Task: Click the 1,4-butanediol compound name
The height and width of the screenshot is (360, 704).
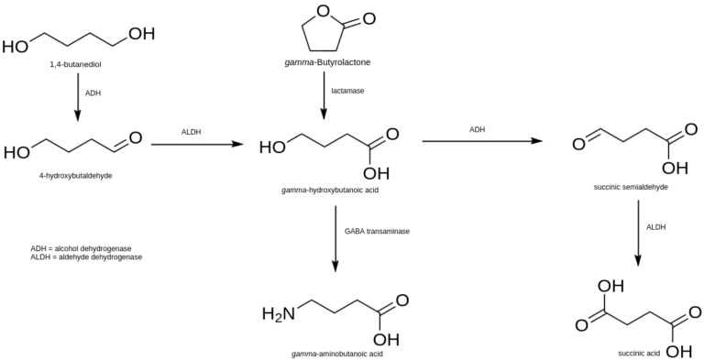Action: pos(77,66)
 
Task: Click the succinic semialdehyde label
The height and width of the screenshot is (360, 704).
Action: pos(630,187)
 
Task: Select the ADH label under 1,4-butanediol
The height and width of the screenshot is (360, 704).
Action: pos(93,93)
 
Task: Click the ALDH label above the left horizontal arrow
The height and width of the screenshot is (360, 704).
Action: pos(192,132)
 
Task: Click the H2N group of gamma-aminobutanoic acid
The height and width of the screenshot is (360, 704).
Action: pos(279,314)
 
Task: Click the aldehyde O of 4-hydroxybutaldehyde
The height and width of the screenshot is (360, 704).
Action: pos(135,138)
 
